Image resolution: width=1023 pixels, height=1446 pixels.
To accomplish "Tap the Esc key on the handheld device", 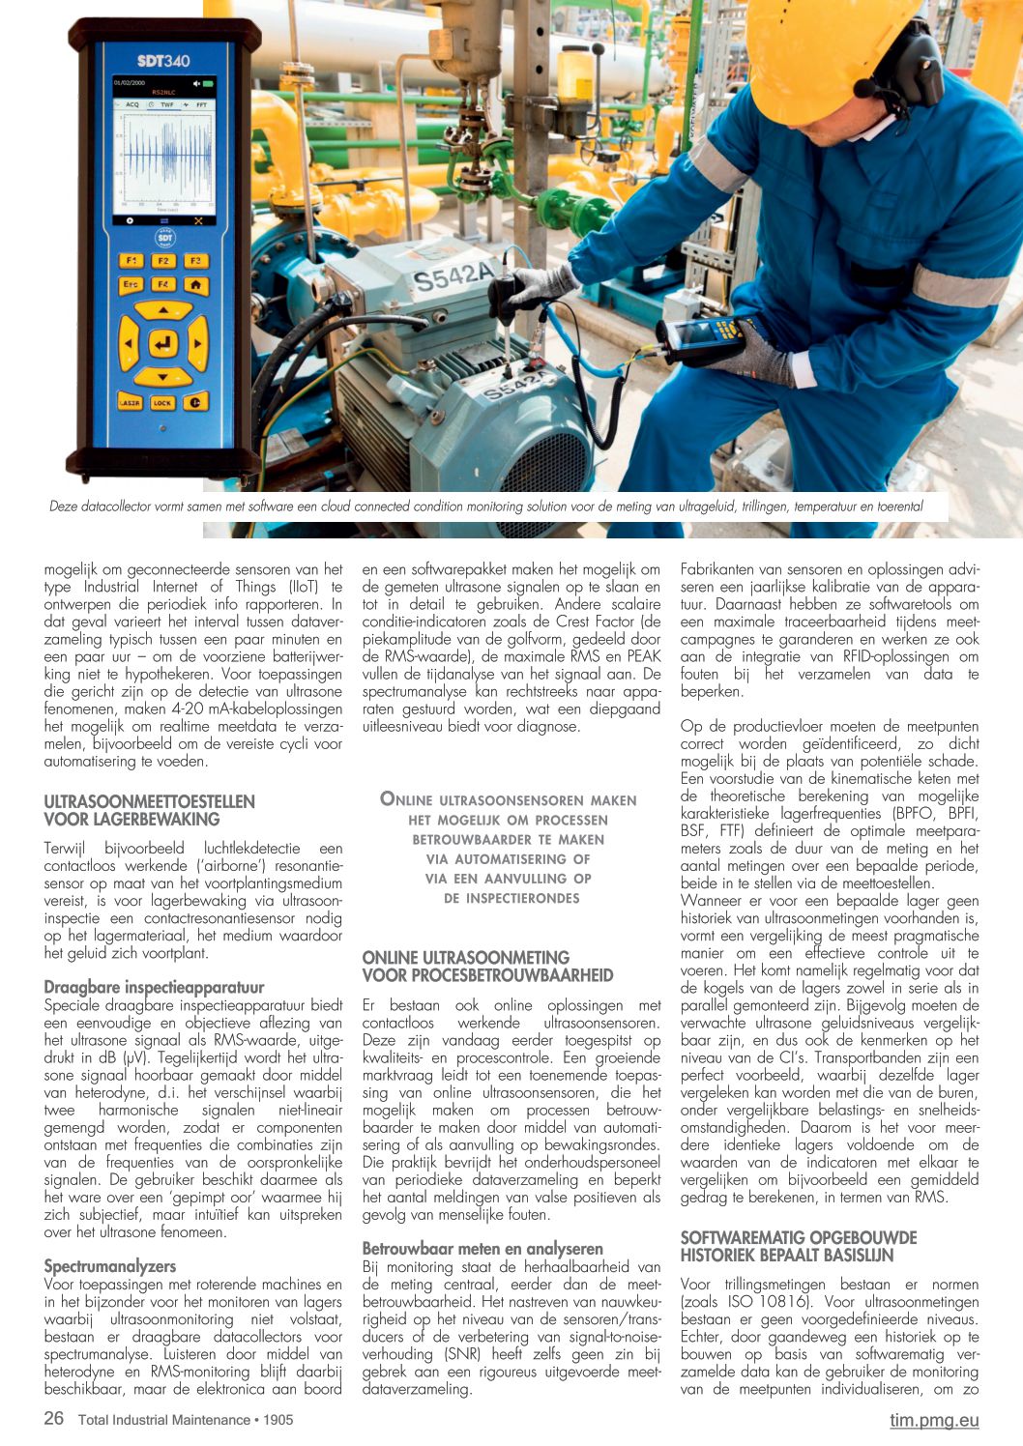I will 131,285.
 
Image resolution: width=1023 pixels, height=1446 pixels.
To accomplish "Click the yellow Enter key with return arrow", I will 162,343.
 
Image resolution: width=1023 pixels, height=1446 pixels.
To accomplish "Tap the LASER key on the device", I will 130,402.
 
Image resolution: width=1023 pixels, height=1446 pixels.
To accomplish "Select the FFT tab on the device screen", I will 202,104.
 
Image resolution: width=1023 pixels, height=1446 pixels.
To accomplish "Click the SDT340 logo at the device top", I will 163,60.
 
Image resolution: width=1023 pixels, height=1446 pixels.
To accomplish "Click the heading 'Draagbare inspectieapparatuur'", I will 154,987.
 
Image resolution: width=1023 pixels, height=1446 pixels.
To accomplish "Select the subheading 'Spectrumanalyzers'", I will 110,1266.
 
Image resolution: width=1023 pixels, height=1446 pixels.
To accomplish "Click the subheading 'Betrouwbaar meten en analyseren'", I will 482,1249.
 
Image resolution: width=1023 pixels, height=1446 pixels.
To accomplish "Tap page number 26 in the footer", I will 54,1418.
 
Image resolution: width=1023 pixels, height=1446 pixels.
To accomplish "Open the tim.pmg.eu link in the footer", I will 934,1420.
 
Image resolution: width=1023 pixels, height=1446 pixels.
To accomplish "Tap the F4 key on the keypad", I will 162,285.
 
